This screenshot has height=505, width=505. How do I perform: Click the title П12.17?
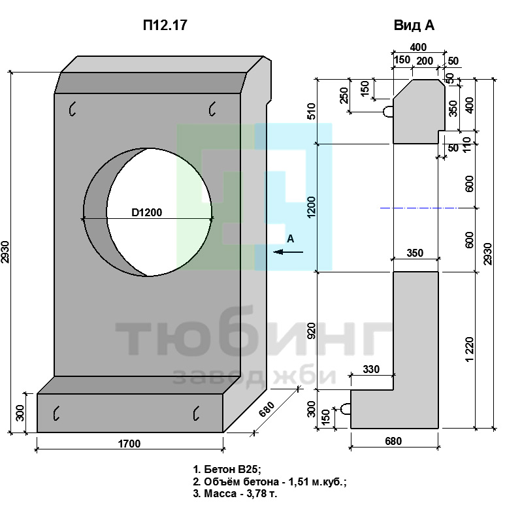pyautogui.click(x=165, y=25)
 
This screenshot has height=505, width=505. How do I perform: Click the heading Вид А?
pyautogui.click(x=414, y=25)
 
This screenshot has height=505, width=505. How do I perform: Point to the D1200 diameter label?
pyautogui.click(x=146, y=212)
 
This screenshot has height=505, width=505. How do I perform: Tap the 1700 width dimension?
pyautogui.click(x=129, y=444)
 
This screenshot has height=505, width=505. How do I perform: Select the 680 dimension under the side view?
pyautogui.click(x=393, y=441)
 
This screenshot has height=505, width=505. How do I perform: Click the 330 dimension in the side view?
pyautogui.click(x=371, y=369)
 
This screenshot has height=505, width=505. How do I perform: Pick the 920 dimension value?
pyautogui.click(x=312, y=331)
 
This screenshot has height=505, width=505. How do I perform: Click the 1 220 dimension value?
pyautogui.click(x=470, y=350)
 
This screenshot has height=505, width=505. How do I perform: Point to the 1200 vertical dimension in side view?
pyautogui.click(x=312, y=207)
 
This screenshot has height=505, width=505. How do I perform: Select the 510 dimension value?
pyautogui.click(x=312, y=111)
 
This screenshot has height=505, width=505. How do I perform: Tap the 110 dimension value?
pyautogui.click(x=466, y=144)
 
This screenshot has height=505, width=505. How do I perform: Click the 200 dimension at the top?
pyautogui.click(x=425, y=61)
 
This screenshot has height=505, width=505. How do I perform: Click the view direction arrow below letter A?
pyautogui.click(x=288, y=252)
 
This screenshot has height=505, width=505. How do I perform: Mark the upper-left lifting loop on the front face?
pyautogui.click(x=73, y=109)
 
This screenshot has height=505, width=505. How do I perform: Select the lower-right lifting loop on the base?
pyautogui.click(x=196, y=414)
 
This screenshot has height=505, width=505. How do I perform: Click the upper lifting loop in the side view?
pyautogui.click(x=388, y=112)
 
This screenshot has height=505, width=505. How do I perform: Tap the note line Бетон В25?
pyautogui.click(x=227, y=469)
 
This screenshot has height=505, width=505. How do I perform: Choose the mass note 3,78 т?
pyautogui.click(x=235, y=493)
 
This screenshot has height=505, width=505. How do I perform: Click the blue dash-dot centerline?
pyautogui.click(x=418, y=208)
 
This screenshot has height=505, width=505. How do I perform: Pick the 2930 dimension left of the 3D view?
pyautogui.click(x=6, y=252)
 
